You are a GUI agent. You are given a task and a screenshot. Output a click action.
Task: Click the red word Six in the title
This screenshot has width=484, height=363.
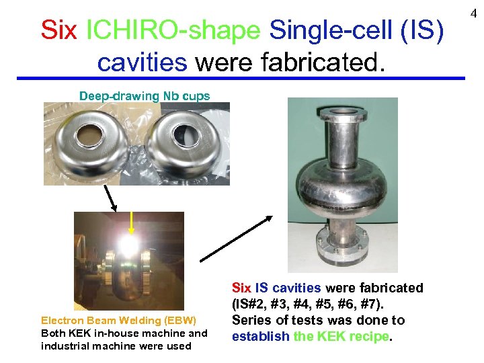[58, 30]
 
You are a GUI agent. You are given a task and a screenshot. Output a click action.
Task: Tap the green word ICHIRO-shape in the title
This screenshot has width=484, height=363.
[173, 30]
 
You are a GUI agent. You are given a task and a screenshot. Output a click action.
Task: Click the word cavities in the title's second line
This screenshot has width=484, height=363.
[142, 63]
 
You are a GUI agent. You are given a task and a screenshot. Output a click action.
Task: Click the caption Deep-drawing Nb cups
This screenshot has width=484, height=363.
[145, 95]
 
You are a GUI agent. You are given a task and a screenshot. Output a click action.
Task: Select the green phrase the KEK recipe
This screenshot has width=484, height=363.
[342, 335]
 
